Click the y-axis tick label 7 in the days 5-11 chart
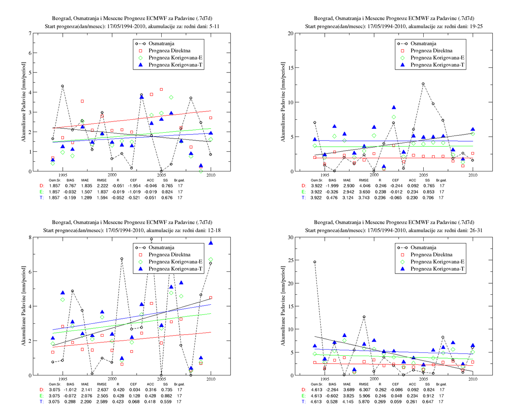tap(30, 33)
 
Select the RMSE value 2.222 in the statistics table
tap(103, 186)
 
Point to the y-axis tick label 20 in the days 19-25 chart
tap(291, 33)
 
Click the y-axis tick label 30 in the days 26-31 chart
tap(291, 237)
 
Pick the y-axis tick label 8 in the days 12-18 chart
tap(30, 237)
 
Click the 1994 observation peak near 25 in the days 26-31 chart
tap(315, 262)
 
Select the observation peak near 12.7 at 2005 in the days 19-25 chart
tap(423, 84)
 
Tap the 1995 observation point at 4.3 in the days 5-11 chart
tap(62, 86)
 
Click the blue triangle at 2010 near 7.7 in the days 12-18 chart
tap(211, 243)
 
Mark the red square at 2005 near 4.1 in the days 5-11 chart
tap(161, 90)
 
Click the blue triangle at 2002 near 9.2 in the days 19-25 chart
tap(394, 107)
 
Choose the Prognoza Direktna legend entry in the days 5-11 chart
tap(170, 51)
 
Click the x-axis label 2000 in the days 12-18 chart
tap(112, 379)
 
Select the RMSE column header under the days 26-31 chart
tap(364, 384)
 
